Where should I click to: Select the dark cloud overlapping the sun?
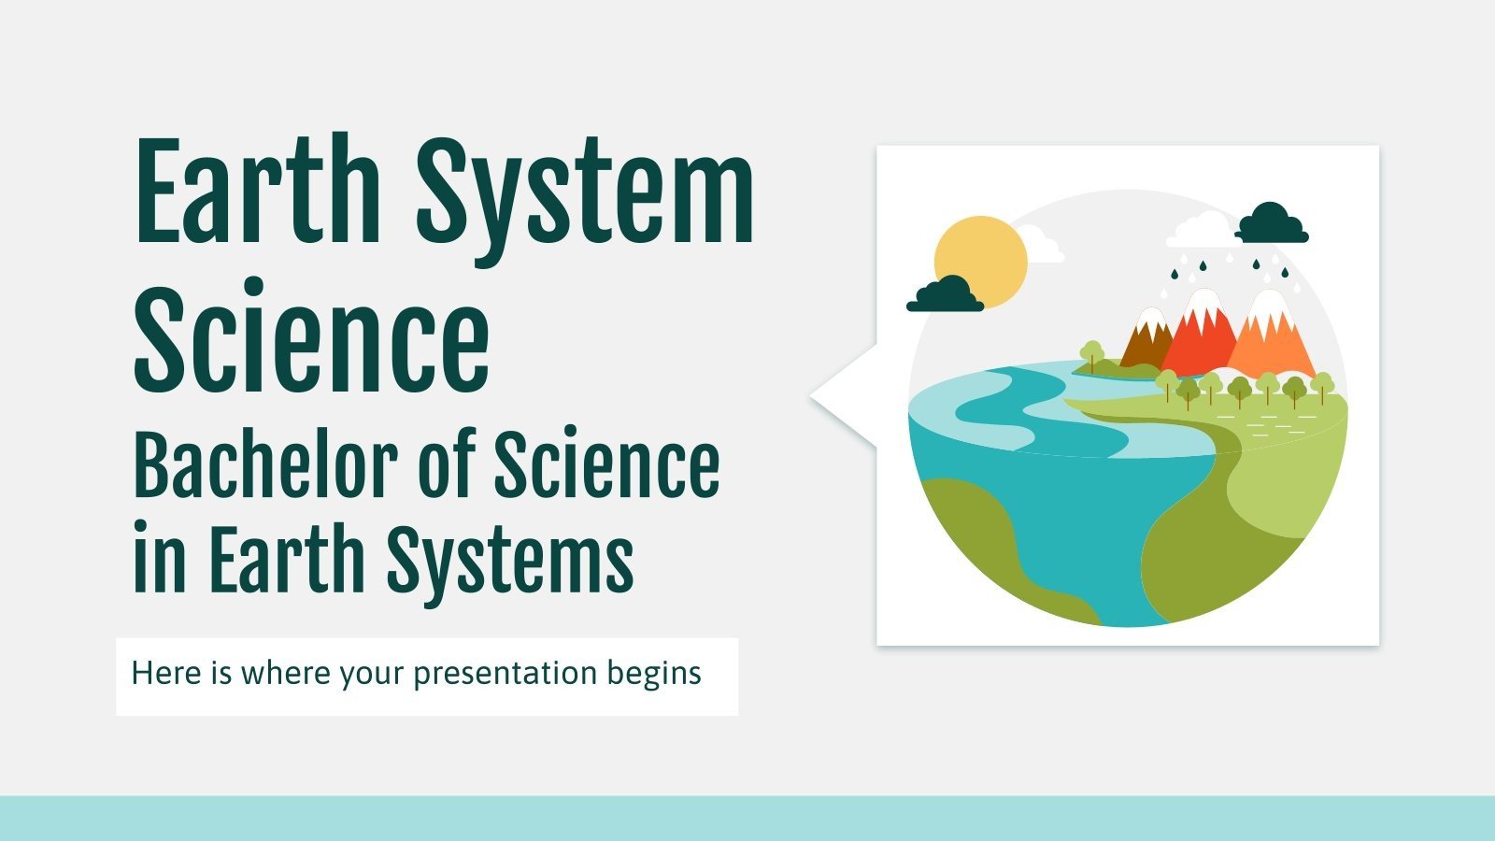coord(945,294)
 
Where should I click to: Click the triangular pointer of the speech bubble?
coord(841,396)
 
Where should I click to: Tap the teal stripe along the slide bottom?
coord(747,819)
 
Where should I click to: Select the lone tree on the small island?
coord(1091,354)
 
